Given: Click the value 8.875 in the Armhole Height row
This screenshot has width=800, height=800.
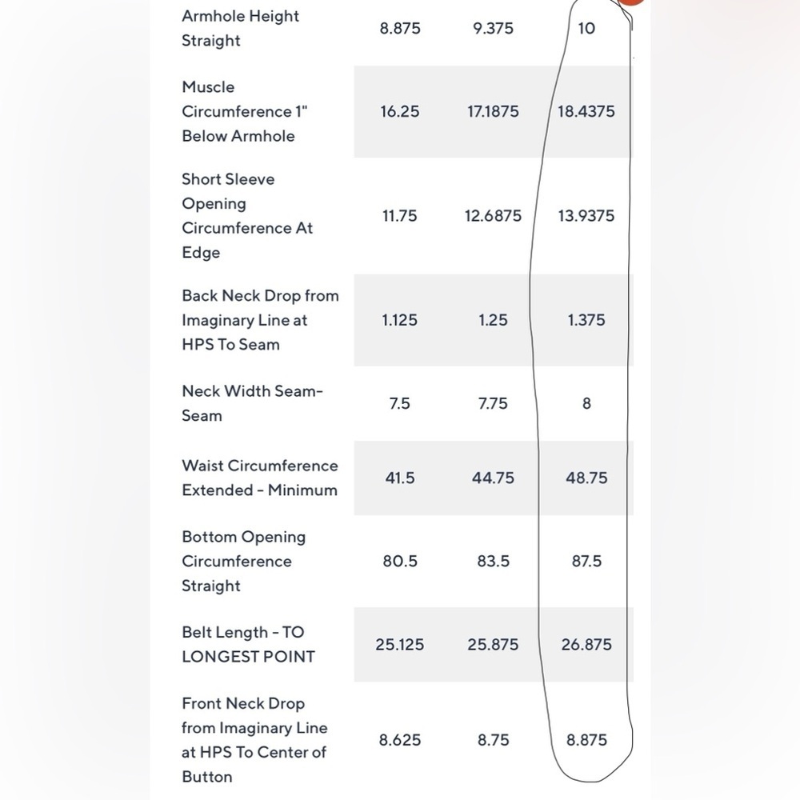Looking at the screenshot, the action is (400, 28).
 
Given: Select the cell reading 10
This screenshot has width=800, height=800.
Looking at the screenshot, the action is (586, 28).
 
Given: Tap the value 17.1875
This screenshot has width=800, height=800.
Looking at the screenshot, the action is (493, 111).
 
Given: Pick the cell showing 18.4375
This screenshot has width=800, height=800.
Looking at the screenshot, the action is (586, 111).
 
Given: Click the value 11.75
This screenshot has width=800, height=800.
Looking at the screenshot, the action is (400, 216).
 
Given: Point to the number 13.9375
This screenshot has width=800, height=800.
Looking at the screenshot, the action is (586, 216).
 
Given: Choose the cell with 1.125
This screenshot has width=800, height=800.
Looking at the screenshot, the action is (400, 320).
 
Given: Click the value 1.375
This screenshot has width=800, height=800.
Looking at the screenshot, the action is (586, 320).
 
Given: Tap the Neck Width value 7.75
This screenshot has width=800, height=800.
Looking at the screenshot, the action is (493, 403).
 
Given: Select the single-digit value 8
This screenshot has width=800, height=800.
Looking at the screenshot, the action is (586, 403).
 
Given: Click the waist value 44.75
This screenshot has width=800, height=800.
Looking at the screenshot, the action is (493, 478).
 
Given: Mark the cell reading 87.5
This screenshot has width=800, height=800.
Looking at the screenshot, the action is (586, 562).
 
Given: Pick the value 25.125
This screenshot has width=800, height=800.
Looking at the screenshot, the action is (400, 644).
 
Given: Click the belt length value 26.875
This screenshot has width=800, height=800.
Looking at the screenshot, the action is (586, 644).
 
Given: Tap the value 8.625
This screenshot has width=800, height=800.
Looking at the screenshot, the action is (400, 740).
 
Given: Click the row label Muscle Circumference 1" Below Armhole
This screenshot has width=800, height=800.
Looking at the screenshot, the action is (245, 111).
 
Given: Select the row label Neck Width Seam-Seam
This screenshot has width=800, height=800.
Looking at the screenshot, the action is (253, 403).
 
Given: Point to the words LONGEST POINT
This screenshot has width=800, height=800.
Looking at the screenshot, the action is (249, 657).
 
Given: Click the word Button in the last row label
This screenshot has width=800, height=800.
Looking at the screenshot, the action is (207, 777).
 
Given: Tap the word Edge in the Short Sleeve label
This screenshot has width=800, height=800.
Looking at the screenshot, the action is (201, 253).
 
